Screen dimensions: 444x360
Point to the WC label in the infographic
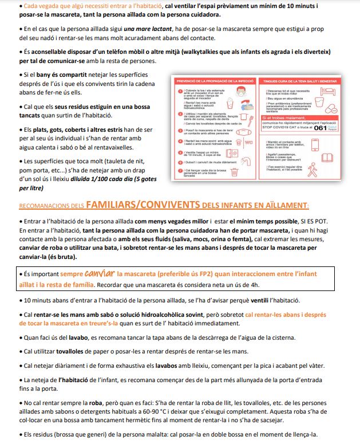click(x=248, y=142)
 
